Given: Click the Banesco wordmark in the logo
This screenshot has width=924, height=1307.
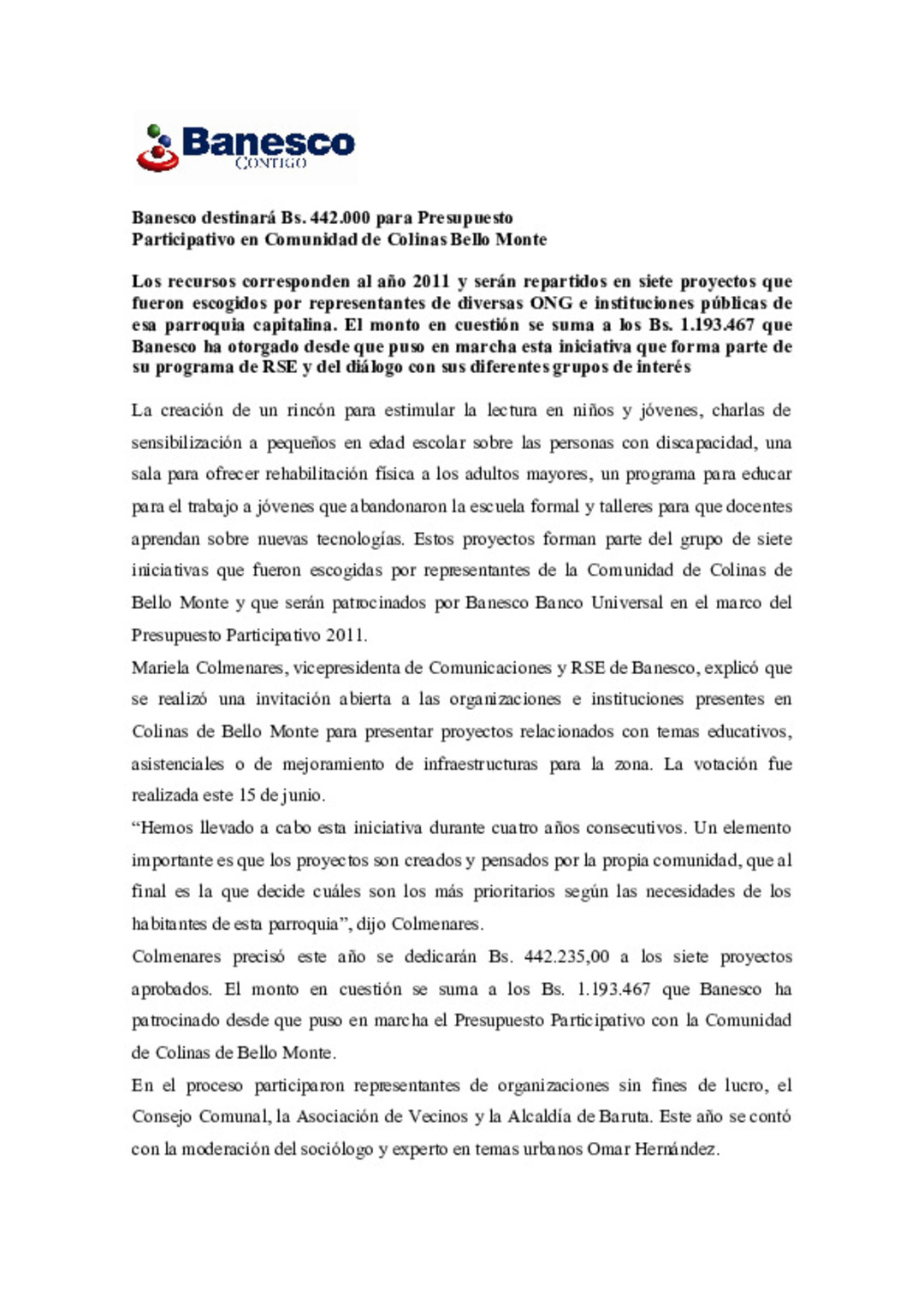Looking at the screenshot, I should pyautogui.click(x=268, y=141).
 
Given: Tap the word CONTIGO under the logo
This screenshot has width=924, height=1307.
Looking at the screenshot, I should pyautogui.click(x=270, y=163).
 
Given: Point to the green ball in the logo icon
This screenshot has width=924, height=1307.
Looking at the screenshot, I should pyautogui.click(x=154, y=131).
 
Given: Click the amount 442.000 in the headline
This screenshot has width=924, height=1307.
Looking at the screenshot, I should pyautogui.click(x=340, y=217).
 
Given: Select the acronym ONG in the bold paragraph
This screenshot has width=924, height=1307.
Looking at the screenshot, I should pyautogui.click(x=552, y=303).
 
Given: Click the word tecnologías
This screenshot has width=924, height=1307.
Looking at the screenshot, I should pyautogui.click(x=359, y=540).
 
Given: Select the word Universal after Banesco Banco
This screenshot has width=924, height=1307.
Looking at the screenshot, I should pyautogui.click(x=626, y=603).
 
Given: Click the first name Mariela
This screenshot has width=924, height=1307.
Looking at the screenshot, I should pyautogui.click(x=160, y=668).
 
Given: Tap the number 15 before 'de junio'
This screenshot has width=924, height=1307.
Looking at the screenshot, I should pyautogui.click(x=247, y=795).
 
